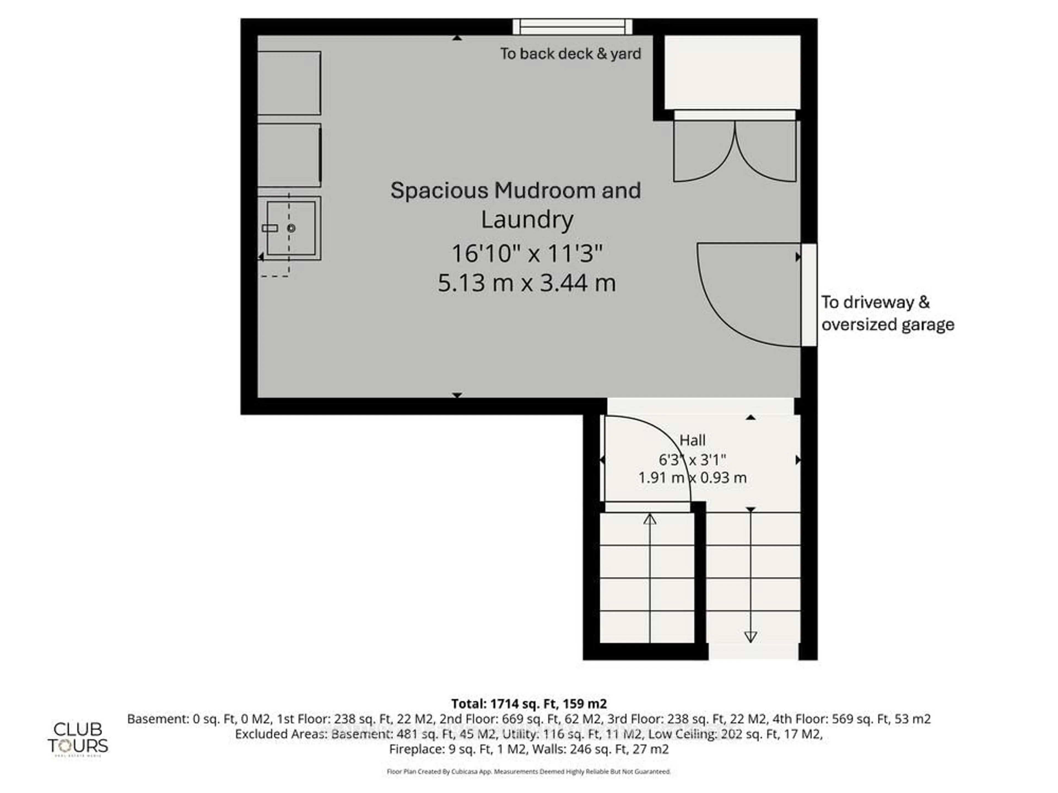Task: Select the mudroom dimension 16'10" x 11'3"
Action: tap(527, 253)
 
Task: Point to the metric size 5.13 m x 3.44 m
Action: tap(527, 283)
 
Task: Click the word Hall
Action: tap(692, 440)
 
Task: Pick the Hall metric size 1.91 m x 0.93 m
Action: tap(692, 477)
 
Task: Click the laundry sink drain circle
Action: tap(291, 228)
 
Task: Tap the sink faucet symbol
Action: tap(270, 228)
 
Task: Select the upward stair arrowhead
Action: tap(649, 519)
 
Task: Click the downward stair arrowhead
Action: tap(751, 637)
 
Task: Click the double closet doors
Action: tap(735, 151)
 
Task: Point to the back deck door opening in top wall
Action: tap(573, 27)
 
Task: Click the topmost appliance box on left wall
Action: tap(289, 83)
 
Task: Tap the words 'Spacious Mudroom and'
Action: tap(515, 190)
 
